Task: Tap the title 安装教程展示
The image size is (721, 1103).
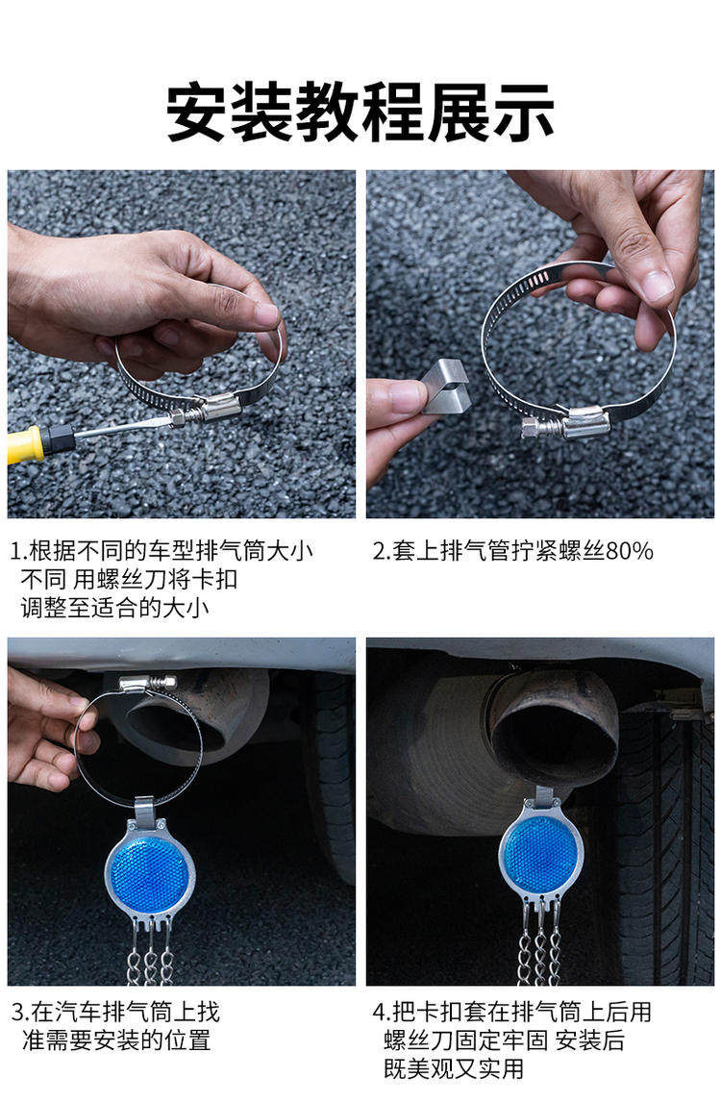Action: [360, 113]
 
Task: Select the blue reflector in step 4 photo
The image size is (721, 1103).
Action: [541, 853]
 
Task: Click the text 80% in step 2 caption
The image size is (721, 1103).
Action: [630, 551]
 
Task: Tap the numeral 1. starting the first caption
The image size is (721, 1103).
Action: [18, 551]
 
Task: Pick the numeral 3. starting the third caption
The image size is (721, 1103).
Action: [20, 1013]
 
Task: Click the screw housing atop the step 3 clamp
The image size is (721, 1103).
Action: [147, 683]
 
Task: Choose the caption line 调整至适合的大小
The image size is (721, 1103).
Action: [114, 608]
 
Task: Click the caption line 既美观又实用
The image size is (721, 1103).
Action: [454, 1069]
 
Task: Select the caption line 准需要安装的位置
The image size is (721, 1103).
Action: [116, 1040]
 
